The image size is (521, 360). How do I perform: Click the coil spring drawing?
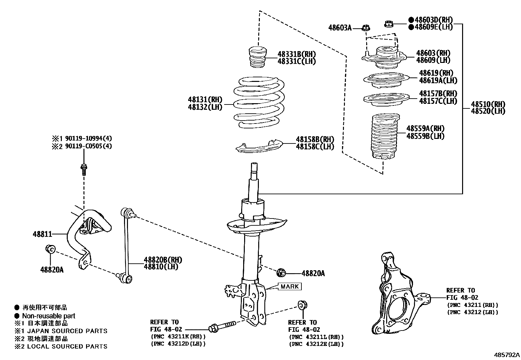click(259, 102)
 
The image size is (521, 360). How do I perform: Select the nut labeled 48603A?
click(366, 28)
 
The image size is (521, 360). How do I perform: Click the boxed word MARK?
click(290, 287)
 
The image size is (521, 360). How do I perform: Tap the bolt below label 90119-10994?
click(84, 169)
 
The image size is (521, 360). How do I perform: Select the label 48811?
click(42, 234)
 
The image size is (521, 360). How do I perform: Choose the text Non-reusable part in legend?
click(48, 316)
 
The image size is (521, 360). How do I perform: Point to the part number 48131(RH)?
click(205, 100)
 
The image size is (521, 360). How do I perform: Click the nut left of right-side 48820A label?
click(281, 273)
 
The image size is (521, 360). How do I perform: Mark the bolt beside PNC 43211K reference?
click(222, 327)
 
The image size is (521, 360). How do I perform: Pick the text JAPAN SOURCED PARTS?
click(67, 331)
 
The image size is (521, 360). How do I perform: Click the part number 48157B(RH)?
click(438, 94)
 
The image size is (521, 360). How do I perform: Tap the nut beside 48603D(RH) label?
click(389, 24)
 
